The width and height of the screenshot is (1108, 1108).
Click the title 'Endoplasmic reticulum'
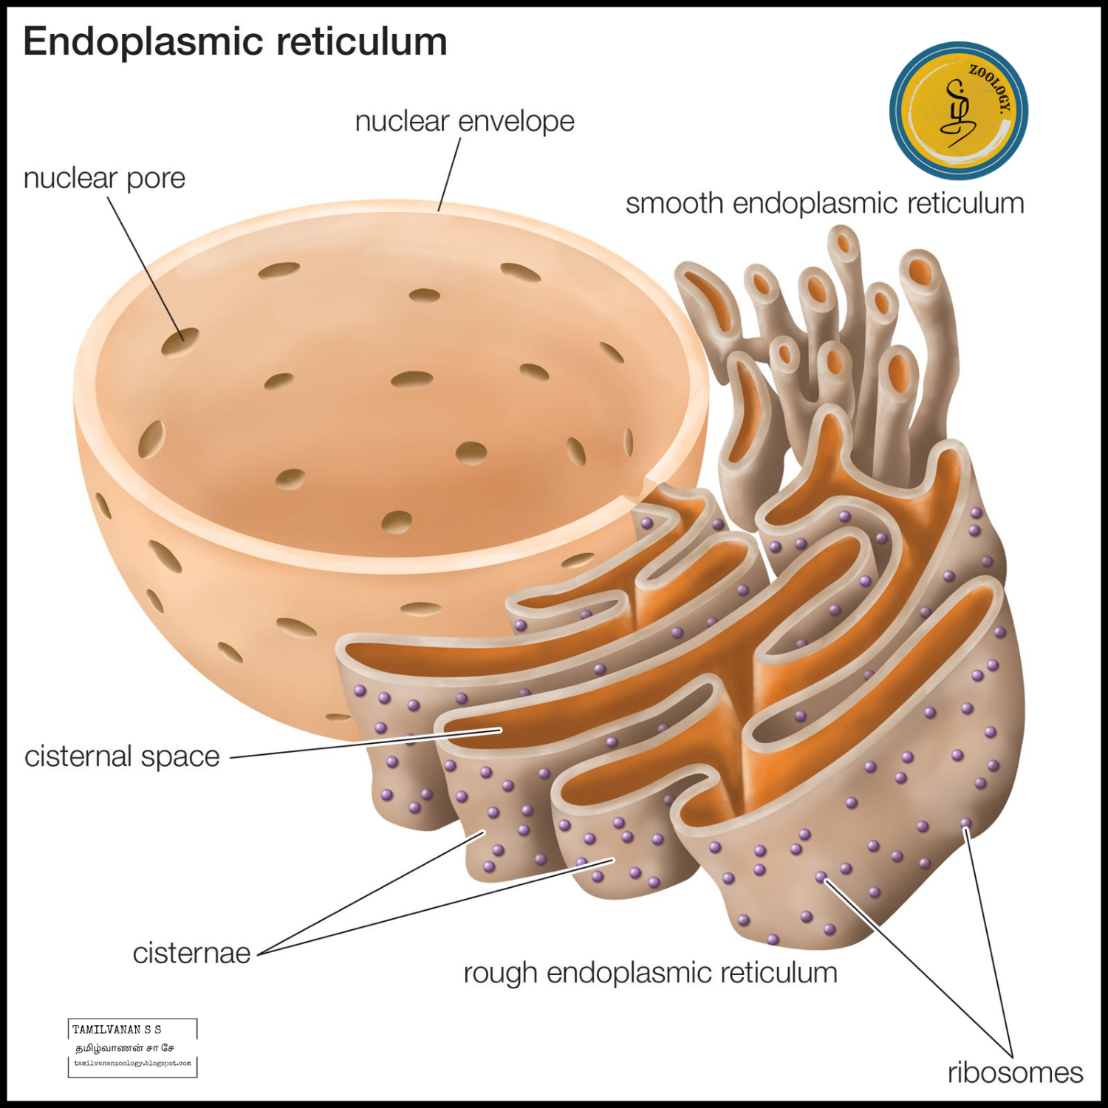[235, 41]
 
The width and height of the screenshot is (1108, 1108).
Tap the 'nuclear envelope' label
[465, 121]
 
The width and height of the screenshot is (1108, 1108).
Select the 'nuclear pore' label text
[104, 178]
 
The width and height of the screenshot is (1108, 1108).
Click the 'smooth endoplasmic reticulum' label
[824, 203]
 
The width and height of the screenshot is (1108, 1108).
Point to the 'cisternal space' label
[122, 756]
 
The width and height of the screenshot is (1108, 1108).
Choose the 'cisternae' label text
[191, 953]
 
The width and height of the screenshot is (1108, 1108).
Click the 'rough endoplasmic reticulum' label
[650, 973]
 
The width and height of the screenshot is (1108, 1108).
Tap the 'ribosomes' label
[1015, 1073]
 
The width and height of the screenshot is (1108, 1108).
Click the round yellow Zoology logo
[958, 111]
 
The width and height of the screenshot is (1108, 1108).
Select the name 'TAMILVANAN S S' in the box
[117, 1029]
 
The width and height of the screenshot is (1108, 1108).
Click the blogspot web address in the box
[132, 1064]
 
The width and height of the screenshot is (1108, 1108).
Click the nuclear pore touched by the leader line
[180, 341]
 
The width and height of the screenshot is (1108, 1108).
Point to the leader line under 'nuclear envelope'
[449, 174]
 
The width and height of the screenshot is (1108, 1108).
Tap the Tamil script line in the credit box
[125, 1047]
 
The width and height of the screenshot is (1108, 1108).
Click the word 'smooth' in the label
[674, 203]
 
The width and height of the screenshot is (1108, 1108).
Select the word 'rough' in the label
[501, 974]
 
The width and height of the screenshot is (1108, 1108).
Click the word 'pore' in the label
[156, 179]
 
